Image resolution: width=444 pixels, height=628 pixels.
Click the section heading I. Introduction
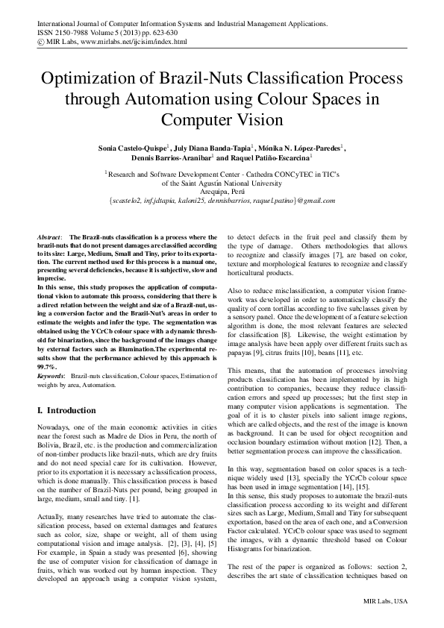tap(72, 410)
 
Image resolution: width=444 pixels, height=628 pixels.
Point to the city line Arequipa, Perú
tap(222, 190)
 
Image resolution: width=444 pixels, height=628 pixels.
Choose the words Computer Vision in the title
tap(222, 119)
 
